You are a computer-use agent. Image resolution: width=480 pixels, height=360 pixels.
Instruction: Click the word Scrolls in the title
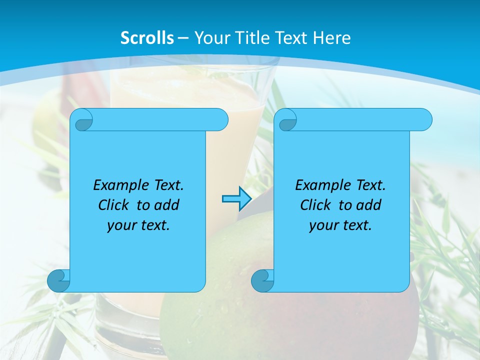pos(147,38)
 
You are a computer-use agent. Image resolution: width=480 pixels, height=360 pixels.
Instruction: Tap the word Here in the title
pos(332,38)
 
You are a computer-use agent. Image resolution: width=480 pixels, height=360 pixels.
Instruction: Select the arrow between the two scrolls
pos(236,199)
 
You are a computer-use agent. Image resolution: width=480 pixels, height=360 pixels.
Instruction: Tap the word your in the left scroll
pos(120,225)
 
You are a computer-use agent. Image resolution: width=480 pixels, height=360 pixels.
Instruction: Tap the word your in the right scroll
pos(322,225)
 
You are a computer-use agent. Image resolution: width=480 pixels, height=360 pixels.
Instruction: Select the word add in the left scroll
pos(166,205)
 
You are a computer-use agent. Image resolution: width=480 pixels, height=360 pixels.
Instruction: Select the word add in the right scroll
pos(369,205)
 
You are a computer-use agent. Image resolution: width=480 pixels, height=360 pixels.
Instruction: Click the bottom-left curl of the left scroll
pos(59,280)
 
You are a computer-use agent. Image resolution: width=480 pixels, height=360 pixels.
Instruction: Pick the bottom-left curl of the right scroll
pos(262,280)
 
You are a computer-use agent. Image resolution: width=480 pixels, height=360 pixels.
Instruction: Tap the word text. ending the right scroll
pos(356,225)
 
